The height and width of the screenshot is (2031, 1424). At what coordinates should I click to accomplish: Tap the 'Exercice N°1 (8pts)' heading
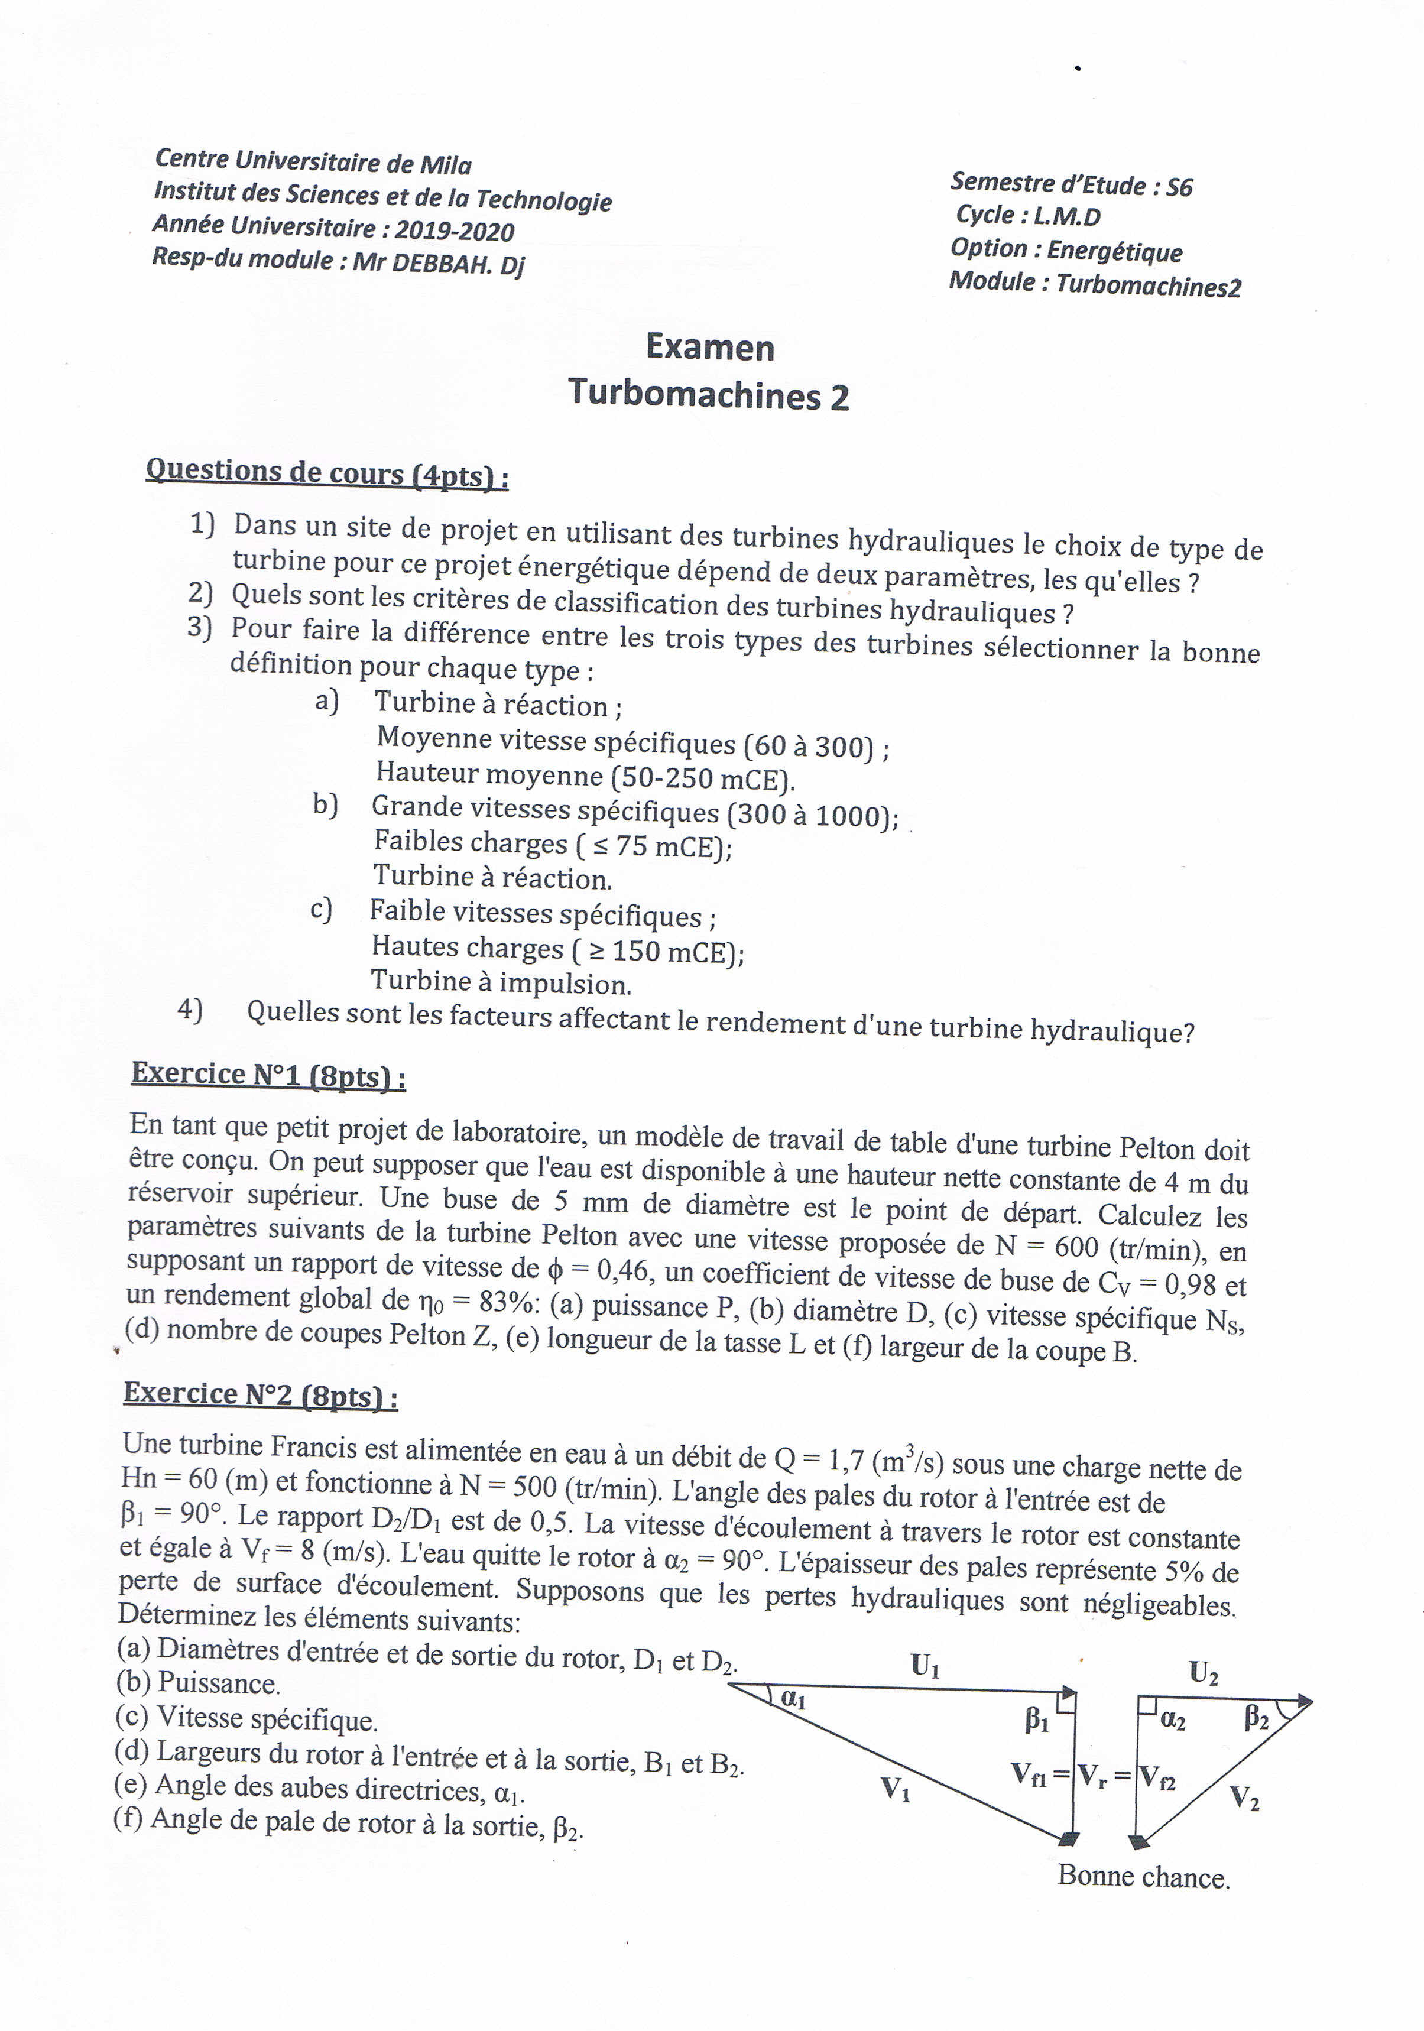tap(268, 1075)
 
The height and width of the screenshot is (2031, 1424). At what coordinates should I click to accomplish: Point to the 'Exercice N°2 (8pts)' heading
tap(260, 1394)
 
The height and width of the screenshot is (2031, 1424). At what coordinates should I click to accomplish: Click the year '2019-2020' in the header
tap(454, 231)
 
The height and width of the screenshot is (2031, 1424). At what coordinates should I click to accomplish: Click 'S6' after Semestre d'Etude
tap(1179, 187)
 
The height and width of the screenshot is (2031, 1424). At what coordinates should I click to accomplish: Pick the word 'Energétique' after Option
tap(1114, 251)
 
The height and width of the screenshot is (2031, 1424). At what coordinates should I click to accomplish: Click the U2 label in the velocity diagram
tap(1203, 1673)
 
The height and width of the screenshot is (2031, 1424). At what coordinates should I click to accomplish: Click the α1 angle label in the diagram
tap(793, 1698)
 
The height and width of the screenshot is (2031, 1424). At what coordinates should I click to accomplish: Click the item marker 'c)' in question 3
tap(320, 909)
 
